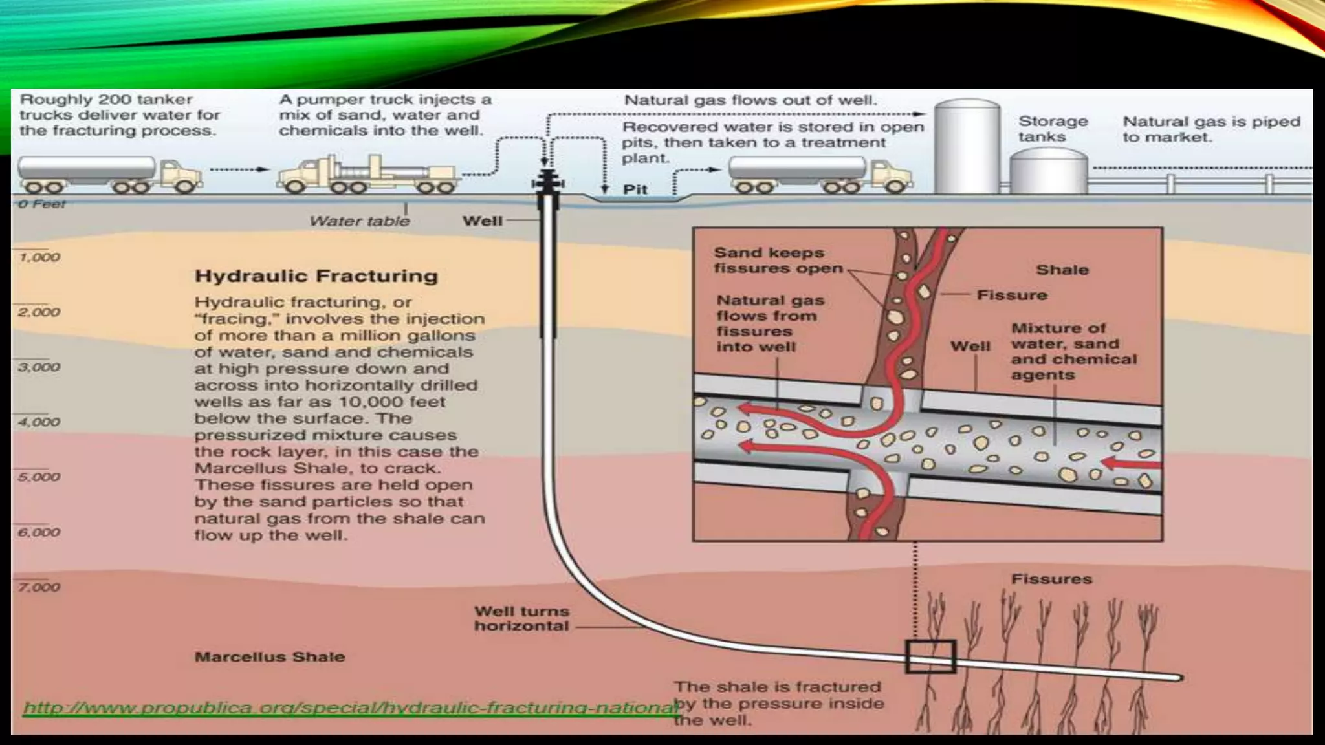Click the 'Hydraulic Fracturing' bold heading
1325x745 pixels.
[x=316, y=276]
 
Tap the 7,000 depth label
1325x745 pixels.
[x=39, y=587]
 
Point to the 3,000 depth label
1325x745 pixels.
[x=39, y=367]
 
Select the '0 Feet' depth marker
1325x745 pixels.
[x=42, y=204]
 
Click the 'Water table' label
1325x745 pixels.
[x=360, y=221]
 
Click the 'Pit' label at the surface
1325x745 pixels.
[x=635, y=189]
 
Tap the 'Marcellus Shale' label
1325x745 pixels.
[x=270, y=657]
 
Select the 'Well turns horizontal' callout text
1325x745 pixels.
[x=521, y=618]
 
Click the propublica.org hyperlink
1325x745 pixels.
[x=349, y=707]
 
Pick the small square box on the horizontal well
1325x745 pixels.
[x=930, y=657]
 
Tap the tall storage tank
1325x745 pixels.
[x=967, y=146]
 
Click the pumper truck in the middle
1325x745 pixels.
[x=368, y=174]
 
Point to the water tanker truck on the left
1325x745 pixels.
[x=109, y=175]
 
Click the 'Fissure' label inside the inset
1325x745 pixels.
[x=1012, y=296]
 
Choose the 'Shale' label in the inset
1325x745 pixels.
[x=1062, y=270]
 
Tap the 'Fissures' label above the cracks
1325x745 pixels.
[x=1051, y=579]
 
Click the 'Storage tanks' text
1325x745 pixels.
[x=1053, y=129]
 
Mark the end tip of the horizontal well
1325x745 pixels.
[x=1180, y=678]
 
